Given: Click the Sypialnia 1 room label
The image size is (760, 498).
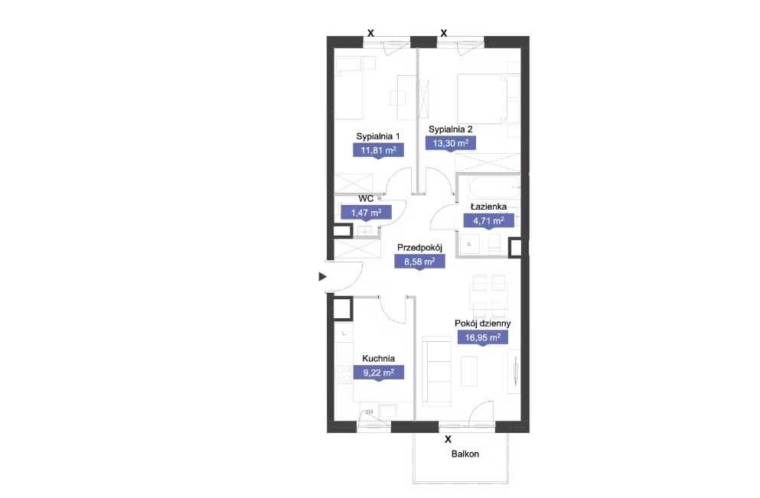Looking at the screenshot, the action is (377, 137).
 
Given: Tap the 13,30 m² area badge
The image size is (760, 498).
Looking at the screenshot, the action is (450, 143).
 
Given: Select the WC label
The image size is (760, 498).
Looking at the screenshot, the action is (366, 199).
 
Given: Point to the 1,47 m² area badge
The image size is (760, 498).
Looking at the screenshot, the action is (366, 213).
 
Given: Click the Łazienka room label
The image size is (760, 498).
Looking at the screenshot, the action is (488, 207).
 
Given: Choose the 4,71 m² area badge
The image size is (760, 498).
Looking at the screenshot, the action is (488, 221).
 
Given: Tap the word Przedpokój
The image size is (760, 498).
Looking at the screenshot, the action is (419, 248).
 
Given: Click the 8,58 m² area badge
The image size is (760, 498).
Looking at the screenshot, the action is (419, 262).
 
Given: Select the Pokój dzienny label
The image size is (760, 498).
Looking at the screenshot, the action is (483, 323).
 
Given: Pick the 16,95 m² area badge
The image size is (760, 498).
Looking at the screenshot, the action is (483, 337).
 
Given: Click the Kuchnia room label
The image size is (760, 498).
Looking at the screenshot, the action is (379, 359).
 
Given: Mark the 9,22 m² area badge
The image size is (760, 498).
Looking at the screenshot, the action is (379, 373).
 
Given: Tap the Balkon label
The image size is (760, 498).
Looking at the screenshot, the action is (465, 454).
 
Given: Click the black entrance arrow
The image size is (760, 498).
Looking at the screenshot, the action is (322, 277).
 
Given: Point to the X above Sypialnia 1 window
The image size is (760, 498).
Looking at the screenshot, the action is (370, 34).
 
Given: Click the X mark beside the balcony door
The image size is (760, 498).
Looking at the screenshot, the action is (448, 439).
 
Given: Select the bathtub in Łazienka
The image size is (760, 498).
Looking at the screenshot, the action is (488, 187).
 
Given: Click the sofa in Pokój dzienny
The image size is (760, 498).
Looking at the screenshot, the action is (437, 369).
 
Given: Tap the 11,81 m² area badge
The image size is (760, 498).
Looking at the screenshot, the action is (379, 150).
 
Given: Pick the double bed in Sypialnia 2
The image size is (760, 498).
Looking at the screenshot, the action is (488, 98).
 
